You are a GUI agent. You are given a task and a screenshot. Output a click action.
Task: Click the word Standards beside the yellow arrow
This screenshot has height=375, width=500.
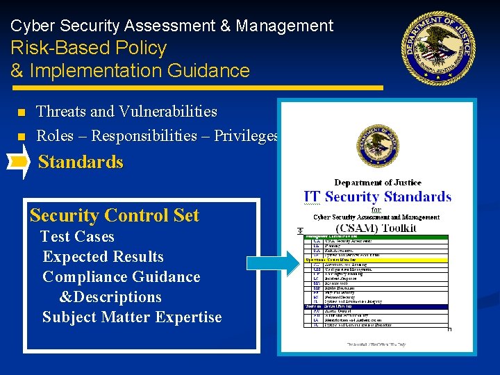click(x=81, y=162)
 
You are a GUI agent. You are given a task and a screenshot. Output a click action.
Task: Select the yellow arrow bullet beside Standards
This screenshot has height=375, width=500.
click(x=19, y=162)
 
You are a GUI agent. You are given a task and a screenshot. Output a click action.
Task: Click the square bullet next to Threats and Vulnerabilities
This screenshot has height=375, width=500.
click(x=21, y=112)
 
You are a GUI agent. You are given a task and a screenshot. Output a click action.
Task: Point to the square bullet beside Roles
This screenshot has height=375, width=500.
click(x=21, y=136)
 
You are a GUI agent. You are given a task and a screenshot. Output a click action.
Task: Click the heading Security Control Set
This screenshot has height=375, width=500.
click(x=115, y=215)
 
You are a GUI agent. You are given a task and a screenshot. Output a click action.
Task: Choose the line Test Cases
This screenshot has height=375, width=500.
click(x=77, y=237)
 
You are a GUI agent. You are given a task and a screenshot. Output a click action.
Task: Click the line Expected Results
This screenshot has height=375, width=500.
click(x=103, y=257)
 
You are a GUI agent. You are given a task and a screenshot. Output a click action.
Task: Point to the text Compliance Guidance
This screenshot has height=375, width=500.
click(x=121, y=277)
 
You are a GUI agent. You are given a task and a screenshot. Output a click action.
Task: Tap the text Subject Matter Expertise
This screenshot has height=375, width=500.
click(x=132, y=317)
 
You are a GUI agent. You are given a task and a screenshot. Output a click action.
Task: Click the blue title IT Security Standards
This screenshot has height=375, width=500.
click(x=377, y=197)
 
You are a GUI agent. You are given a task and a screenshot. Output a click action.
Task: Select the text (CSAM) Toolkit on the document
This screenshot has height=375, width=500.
click(x=376, y=227)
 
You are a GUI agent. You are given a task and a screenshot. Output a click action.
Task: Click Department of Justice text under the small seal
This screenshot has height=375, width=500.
click(x=377, y=183)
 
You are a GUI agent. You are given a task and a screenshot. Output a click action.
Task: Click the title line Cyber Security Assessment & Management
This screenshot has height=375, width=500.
click(x=172, y=26)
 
